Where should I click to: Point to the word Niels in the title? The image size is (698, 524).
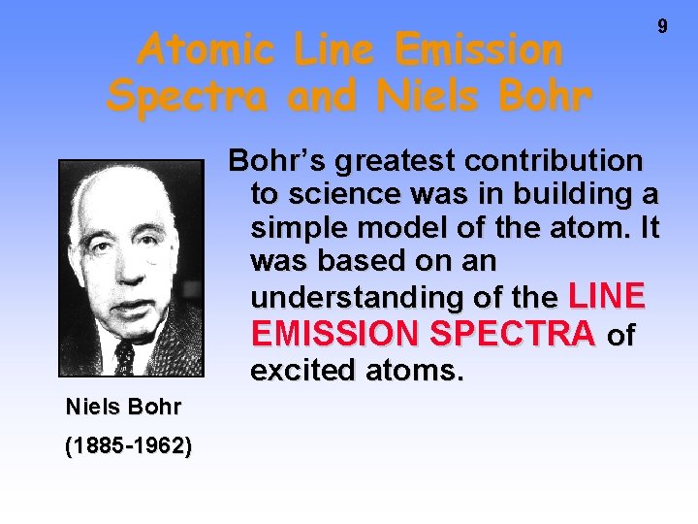[412, 95]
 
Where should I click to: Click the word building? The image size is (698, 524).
[561, 194]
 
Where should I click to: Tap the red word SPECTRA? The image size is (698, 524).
[514, 334]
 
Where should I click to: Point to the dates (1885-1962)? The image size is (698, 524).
[128, 446]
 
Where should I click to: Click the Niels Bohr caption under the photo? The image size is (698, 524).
[122, 407]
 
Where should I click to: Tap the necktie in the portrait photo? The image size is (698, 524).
[125, 358]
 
